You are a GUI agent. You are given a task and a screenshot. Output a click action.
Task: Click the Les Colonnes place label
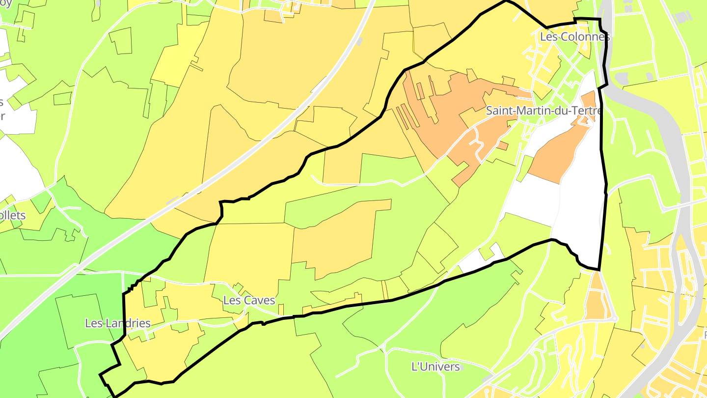click(x=574, y=37)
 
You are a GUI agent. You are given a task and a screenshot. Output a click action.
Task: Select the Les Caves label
click(x=249, y=300)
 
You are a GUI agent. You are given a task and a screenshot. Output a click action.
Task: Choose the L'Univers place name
click(x=435, y=367)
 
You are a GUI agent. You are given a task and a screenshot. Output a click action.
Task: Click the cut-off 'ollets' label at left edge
click(x=13, y=216)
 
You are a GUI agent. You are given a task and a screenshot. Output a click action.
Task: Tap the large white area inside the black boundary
click(x=579, y=211)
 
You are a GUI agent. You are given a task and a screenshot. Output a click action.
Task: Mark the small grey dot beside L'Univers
click(x=462, y=367)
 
